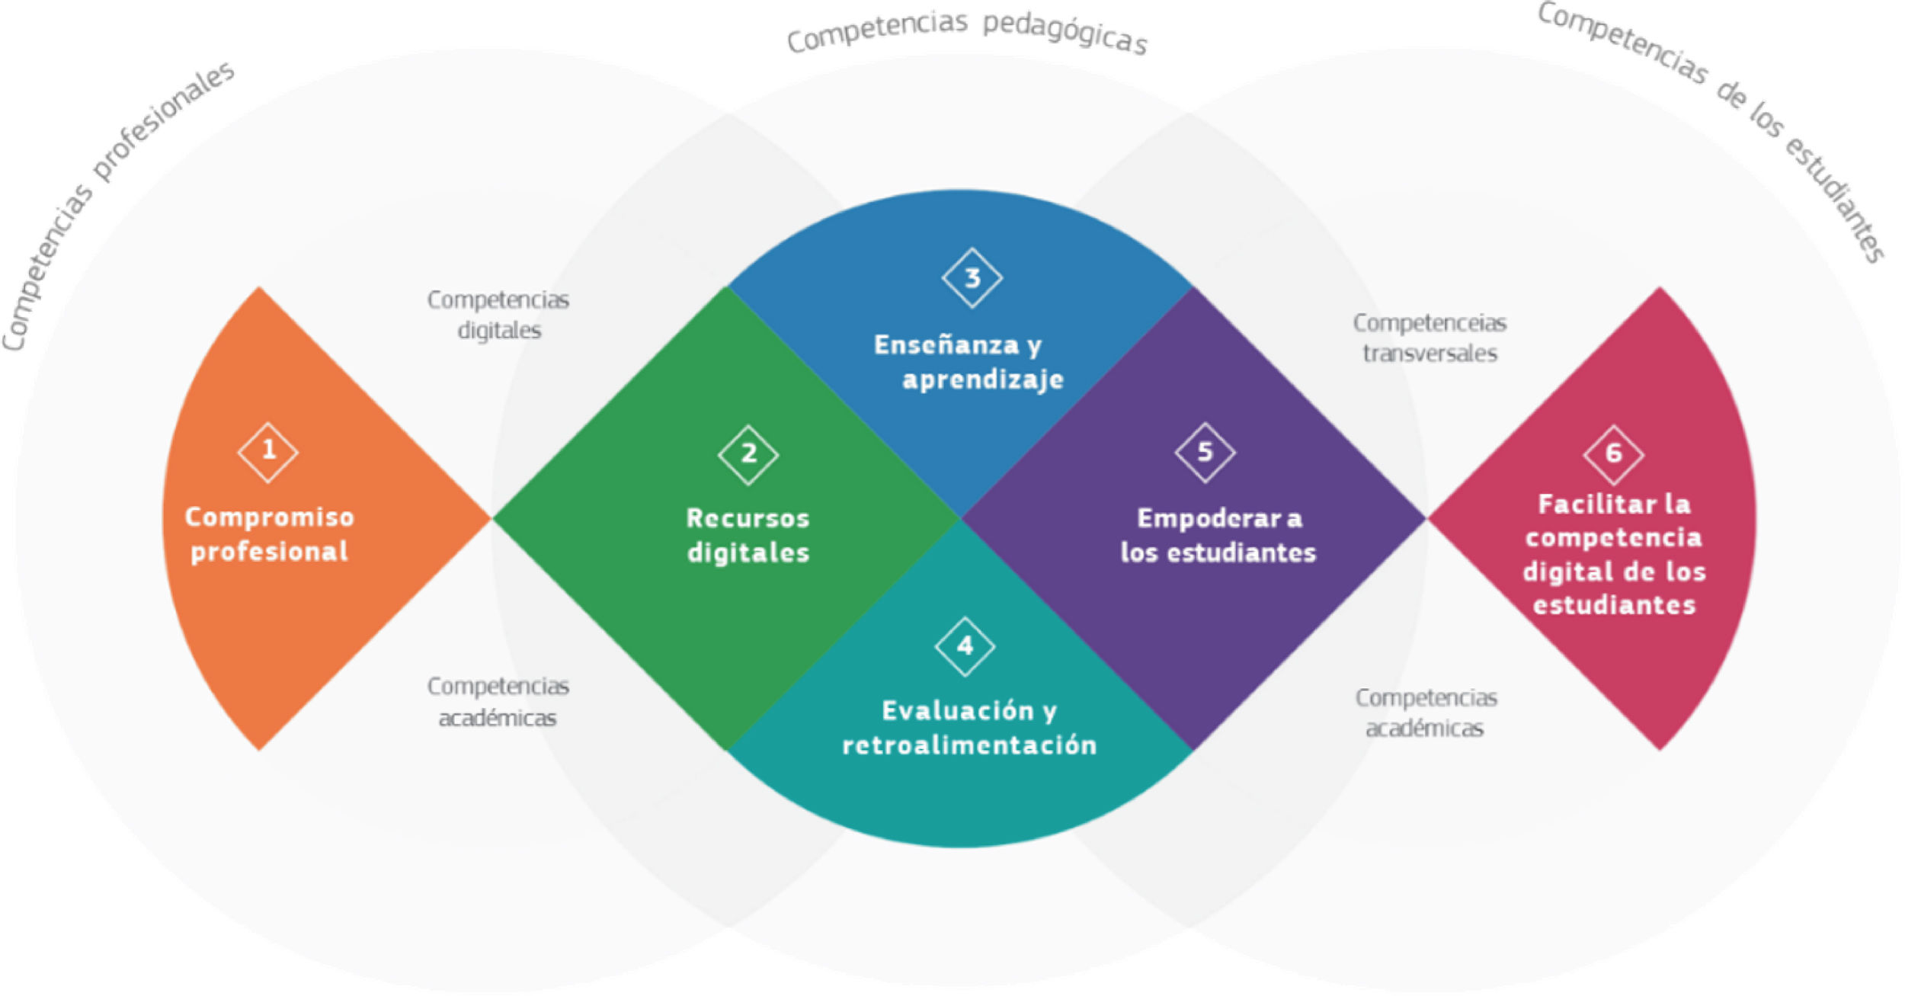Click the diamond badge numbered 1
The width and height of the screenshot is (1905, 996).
(268, 452)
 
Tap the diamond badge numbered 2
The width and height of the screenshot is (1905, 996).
(748, 454)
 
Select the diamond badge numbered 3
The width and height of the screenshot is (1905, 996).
(972, 278)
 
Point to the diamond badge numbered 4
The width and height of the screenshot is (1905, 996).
(965, 646)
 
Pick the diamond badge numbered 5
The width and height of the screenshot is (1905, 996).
(1205, 452)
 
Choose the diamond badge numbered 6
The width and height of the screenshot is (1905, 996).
(1613, 454)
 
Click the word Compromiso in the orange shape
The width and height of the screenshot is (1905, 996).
(270, 518)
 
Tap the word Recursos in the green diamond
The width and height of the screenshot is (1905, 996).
(748, 519)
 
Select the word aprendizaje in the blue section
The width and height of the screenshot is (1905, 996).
(983, 380)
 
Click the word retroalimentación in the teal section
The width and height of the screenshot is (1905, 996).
(969, 745)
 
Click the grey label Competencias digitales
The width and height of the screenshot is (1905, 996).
(498, 315)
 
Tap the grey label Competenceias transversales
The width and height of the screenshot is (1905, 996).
(1430, 338)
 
